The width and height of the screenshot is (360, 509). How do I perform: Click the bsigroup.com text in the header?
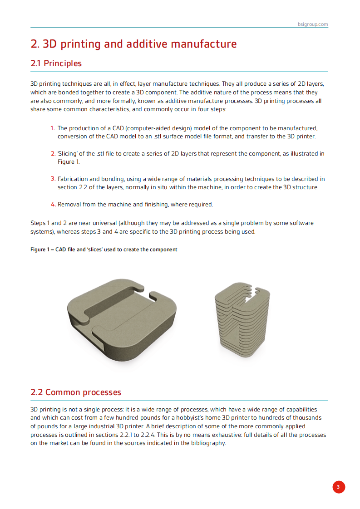coord(313,24)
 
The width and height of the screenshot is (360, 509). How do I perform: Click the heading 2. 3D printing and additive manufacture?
coord(133,44)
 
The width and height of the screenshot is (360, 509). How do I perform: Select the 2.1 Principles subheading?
coord(56,64)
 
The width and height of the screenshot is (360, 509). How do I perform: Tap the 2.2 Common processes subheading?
coord(75,392)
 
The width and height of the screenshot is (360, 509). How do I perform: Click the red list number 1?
coord(53,128)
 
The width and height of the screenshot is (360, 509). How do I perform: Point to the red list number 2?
coord(53,154)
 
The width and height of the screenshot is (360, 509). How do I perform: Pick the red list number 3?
coord(53,179)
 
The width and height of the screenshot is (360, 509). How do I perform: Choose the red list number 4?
coord(53,205)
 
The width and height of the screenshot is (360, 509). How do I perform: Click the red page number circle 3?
coord(338,487)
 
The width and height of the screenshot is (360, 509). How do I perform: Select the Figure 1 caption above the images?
coord(104,250)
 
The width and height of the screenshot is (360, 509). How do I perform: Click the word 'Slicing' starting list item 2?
coord(68,154)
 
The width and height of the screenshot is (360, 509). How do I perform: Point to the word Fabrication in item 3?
coord(73,179)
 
